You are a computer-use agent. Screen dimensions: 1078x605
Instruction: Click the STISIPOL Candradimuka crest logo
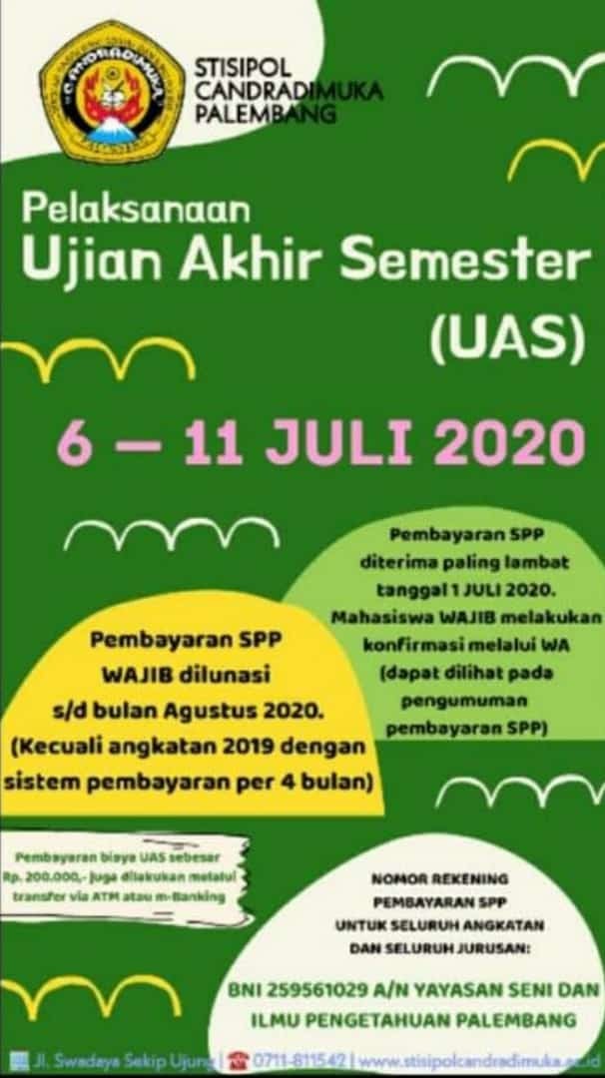pos(112,92)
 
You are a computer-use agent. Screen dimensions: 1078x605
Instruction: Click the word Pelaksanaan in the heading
pos(136,210)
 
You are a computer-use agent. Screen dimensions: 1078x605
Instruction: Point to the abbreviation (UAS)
pos(506,340)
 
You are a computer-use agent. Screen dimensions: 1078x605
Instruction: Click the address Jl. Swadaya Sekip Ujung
pos(123,1058)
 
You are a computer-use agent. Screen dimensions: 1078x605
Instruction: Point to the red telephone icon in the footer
pos(238,1058)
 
